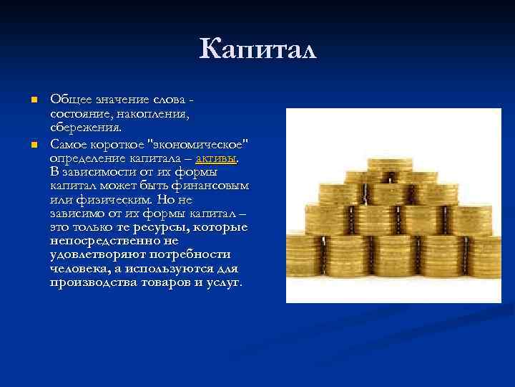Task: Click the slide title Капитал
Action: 257,49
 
